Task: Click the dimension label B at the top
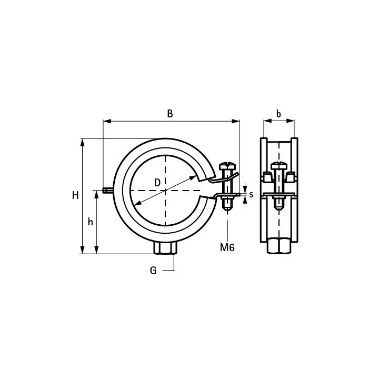pos(170,113)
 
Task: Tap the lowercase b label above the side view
pos(278,113)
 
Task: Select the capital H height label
pos(75,195)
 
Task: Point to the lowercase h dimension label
pos(91,222)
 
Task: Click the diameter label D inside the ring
pos(157,183)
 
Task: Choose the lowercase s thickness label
pos(252,194)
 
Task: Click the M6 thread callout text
pos(227,247)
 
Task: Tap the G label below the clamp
pos(153,270)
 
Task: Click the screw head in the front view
pos(227,166)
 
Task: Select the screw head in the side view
pos(279,166)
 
